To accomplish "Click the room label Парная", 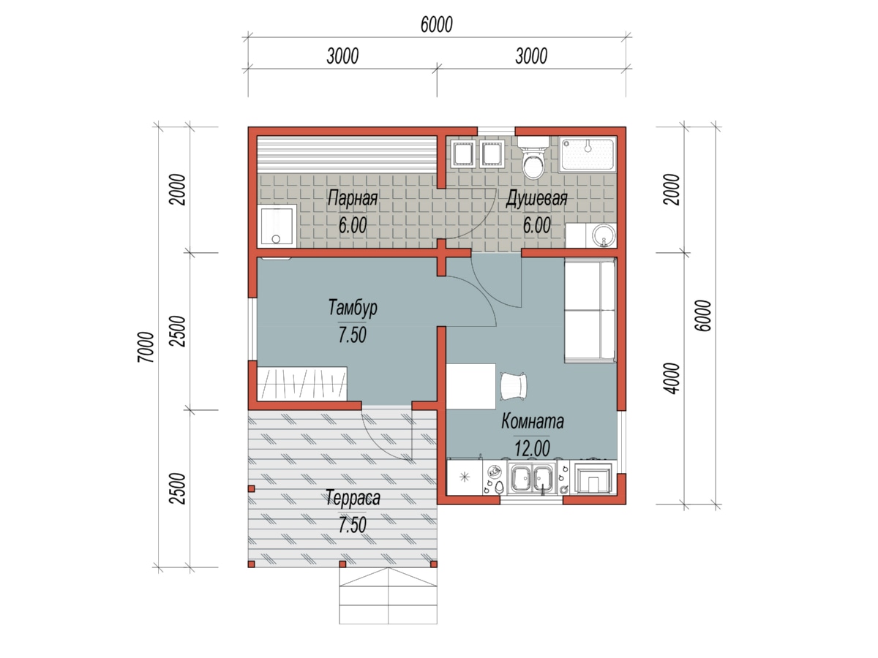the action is coord(353,198).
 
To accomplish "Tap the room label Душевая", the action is coord(536,198).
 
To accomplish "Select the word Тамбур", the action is coord(353,308).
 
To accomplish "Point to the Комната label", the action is coord(533,421).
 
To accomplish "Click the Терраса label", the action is coord(353,498).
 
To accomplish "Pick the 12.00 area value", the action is coord(532,449).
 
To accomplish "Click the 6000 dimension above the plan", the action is coord(436,25).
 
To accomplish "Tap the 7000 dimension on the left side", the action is coord(146,347).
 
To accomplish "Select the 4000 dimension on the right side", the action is coord(672,378).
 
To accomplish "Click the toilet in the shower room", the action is coord(533,157).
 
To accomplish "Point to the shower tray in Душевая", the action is coord(588,154).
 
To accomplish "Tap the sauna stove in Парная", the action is coord(277,226).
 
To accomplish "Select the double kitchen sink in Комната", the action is coord(533,478).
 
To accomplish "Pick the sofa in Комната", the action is coord(590,311).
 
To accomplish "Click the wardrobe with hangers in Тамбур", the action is coord(301,384).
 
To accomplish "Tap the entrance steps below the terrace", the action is coord(388,595).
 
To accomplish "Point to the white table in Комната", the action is coord(470,386).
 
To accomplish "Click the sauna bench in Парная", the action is coord(346,154).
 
